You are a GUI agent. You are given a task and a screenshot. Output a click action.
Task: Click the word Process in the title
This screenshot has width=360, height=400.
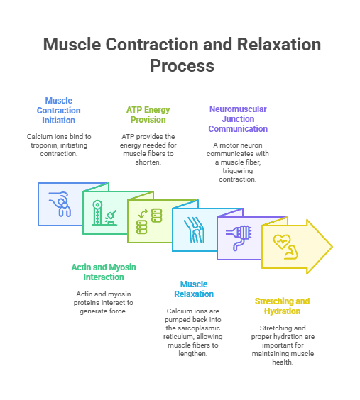(182, 66)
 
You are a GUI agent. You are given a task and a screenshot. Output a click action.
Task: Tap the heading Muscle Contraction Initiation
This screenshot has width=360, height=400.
(59, 111)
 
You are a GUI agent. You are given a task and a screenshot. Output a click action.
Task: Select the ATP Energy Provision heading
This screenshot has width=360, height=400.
(148, 115)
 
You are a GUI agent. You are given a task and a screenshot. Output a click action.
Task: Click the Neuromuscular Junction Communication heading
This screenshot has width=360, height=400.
(238, 119)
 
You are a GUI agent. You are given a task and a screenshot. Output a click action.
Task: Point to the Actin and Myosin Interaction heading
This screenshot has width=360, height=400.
(104, 272)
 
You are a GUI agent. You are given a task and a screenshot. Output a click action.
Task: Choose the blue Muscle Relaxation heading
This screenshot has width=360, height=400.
(194, 289)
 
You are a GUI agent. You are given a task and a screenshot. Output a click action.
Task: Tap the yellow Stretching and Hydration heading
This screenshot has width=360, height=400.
(282, 306)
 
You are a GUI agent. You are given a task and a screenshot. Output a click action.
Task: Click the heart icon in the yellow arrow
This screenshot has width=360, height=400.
(282, 241)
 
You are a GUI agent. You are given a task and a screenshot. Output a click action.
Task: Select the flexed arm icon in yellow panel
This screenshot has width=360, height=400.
(291, 252)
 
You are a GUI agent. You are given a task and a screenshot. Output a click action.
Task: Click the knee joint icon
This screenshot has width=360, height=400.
(194, 230)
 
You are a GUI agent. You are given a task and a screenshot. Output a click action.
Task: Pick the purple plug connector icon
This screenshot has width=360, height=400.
(239, 238)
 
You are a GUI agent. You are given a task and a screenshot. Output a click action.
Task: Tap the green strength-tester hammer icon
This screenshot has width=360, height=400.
(104, 213)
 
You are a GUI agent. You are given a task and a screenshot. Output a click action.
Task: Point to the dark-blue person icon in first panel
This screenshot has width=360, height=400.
(60, 204)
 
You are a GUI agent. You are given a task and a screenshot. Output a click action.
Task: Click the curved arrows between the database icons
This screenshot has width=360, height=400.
(143, 214)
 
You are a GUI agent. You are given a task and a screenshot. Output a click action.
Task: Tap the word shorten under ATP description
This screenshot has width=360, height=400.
(148, 162)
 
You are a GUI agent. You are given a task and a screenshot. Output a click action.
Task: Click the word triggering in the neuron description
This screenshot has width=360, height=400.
(237, 171)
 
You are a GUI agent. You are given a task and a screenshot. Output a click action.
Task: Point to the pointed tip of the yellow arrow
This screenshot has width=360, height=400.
(332, 247)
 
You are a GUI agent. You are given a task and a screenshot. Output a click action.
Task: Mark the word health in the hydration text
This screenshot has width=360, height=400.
(282, 362)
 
